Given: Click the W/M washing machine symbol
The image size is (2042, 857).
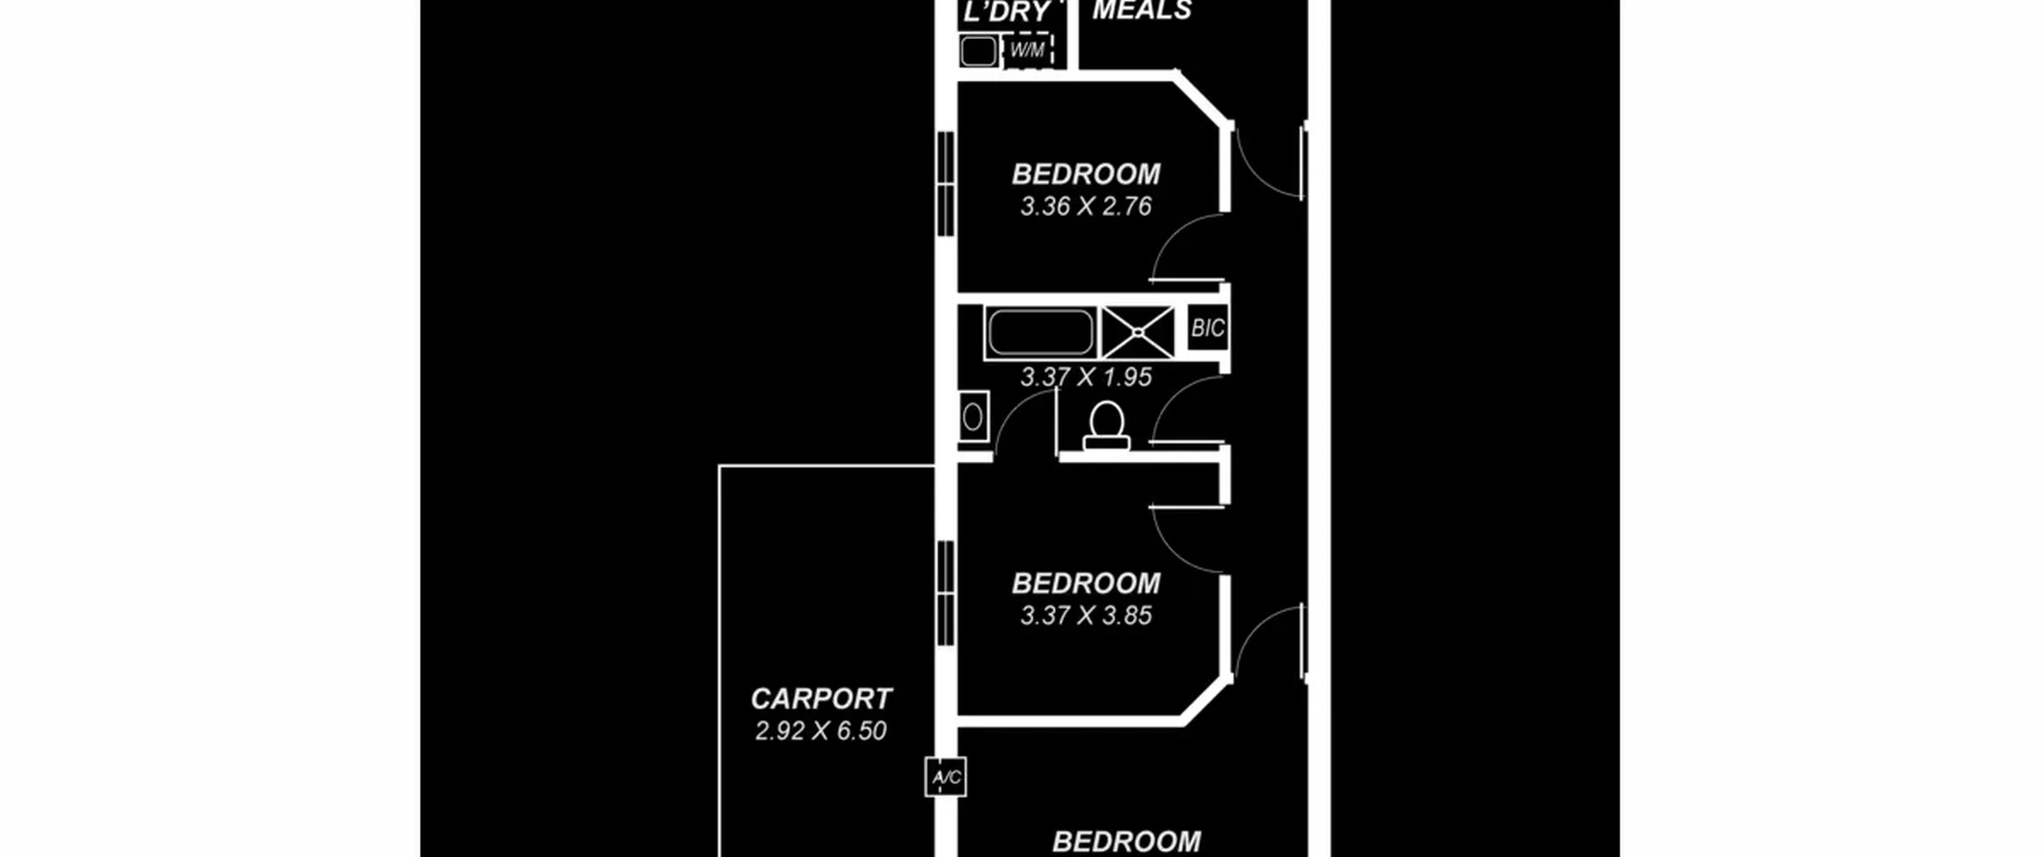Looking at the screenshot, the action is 1028,50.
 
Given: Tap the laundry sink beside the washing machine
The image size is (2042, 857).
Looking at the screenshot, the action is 979,51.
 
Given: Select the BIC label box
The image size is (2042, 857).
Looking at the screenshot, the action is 1208,328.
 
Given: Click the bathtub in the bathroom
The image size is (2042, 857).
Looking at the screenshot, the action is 1040,332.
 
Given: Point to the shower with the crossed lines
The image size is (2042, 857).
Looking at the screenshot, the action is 1138,332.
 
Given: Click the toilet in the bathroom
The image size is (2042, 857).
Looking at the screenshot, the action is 1106,426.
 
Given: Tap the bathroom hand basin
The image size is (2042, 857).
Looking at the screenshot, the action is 973,415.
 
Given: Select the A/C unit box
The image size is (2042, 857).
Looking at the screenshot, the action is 946,776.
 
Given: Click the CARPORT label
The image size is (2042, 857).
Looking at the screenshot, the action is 821,699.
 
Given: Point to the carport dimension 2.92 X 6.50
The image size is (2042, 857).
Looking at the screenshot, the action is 821,731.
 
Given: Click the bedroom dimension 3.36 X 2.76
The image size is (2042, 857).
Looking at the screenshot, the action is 1086,206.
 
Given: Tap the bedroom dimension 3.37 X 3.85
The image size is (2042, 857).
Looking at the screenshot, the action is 1086,615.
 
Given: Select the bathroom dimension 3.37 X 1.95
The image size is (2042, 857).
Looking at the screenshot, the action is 1086,377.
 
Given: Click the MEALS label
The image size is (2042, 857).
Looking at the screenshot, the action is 1142,10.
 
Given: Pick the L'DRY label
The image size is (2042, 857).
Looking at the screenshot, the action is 1007,12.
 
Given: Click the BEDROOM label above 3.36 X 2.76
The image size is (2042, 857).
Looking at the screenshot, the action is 1086,174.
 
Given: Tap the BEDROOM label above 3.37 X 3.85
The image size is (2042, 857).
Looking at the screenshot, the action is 1086,584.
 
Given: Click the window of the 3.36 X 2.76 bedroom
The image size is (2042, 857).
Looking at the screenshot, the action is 946,183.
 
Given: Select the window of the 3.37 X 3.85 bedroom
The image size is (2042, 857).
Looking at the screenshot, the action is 946,593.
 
